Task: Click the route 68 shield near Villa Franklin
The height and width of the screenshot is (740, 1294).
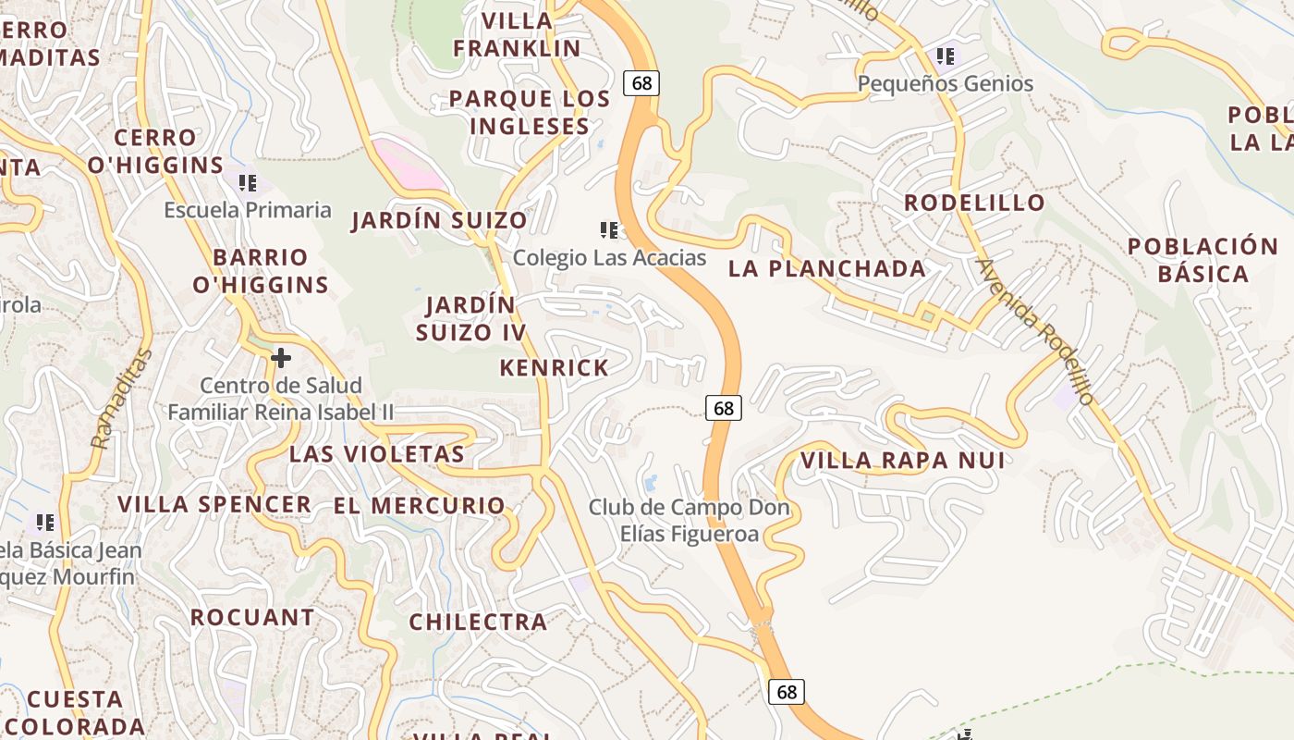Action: point(641,83)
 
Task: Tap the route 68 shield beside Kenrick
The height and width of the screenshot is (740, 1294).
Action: point(724,407)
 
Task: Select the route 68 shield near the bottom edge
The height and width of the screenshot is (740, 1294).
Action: point(787,692)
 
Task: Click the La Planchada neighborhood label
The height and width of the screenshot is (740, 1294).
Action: point(827,269)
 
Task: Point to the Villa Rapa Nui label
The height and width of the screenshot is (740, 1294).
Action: point(901,461)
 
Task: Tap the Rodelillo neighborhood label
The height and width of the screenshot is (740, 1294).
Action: point(974,203)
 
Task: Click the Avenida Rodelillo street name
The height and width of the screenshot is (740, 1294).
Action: point(1035,331)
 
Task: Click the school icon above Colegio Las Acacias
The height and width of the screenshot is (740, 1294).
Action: point(608,229)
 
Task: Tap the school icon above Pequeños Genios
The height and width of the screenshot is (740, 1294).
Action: point(945,56)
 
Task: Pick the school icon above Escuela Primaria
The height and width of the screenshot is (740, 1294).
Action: point(247,182)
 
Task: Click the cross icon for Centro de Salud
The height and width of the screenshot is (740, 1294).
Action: point(281,357)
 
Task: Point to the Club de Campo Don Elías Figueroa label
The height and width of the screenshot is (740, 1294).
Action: point(689,521)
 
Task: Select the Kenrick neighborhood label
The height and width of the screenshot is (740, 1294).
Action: point(555,368)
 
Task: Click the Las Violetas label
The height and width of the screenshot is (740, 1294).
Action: point(376,454)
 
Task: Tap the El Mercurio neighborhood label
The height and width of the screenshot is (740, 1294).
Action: point(420,506)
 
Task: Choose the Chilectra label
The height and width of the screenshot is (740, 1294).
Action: point(478,622)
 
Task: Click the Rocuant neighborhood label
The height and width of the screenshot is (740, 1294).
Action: point(252,617)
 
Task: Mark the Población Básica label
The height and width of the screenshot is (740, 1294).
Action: point(1202,260)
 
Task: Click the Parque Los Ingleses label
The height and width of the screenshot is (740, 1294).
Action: point(530,112)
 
